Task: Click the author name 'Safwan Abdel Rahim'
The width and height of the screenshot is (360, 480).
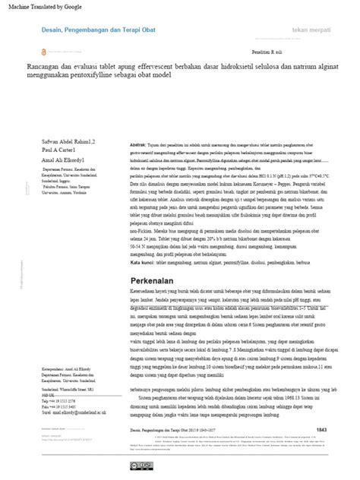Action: point(51,122)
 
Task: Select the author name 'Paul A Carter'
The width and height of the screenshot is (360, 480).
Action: point(45,130)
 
